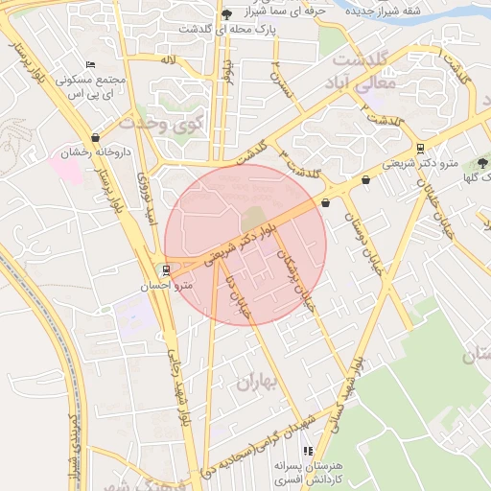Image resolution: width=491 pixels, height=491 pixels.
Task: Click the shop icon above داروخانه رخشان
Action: click(95, 138)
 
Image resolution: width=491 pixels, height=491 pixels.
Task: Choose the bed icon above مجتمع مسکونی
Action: click(90, 63)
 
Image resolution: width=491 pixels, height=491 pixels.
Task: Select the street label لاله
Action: click(169, 59)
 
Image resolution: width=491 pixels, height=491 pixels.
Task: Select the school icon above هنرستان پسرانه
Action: click(307, 450)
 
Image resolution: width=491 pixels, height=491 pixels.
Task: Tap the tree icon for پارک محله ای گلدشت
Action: click(226, 13)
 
